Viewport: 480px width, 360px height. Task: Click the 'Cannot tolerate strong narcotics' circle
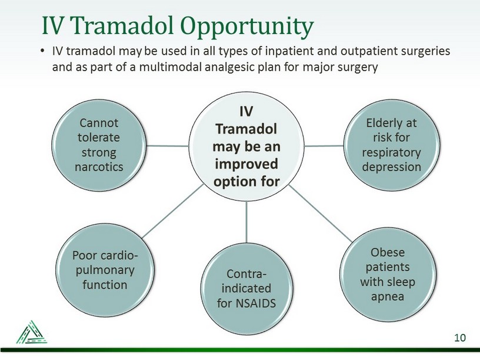(98, 145)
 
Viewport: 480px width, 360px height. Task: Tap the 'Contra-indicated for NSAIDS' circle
(246, 289)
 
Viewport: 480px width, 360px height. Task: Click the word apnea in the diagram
(387, 296)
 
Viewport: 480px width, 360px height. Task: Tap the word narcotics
(98, 166)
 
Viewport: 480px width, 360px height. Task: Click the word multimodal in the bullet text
(170, 67)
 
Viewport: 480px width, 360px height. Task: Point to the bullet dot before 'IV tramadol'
(43, 52)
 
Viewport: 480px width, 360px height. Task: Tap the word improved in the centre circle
(246, 163)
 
